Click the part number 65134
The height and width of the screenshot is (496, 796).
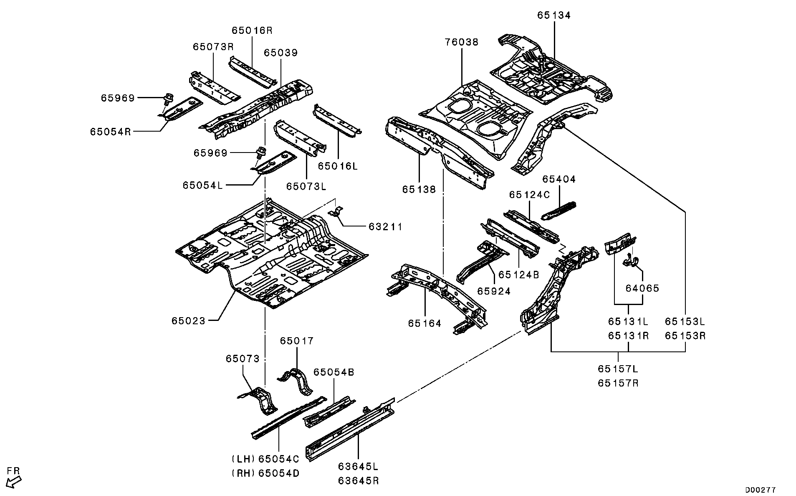[554, 15]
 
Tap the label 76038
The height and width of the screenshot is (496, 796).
[462, 42]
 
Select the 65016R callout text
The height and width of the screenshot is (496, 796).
[252, 31]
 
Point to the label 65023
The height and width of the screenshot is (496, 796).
[188, 321]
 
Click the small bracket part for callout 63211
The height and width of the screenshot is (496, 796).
[337, 212]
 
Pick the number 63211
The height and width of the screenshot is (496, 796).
[385, 226]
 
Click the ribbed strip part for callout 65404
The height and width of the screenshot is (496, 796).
[559, 210]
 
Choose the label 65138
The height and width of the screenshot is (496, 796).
[419, 190]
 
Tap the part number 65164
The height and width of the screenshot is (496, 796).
[425, 323]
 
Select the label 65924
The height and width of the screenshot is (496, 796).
[494, 291]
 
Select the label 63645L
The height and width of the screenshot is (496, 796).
[358, 466]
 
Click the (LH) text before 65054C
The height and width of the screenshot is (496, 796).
[243, 459]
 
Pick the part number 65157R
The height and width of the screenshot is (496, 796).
[618, 383]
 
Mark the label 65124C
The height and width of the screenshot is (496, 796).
[529, 195]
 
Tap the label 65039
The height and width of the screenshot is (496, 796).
[280, 53]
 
